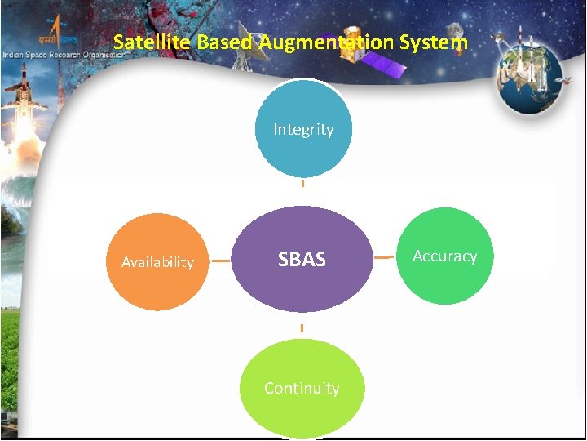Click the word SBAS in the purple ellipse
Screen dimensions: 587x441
[x=302, y=260]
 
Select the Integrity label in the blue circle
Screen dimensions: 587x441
[x=303, y=129]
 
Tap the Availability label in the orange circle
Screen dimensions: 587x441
[x=157, y=262]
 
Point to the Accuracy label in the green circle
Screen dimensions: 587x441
[x=444, y=256]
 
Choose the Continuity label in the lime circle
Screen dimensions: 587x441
[x=302, y=388]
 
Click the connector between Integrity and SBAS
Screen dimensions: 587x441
[x=302, y=184]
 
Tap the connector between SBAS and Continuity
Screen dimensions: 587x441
[x=302, y=328]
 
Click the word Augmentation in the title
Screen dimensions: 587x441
[x=327, y=42]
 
